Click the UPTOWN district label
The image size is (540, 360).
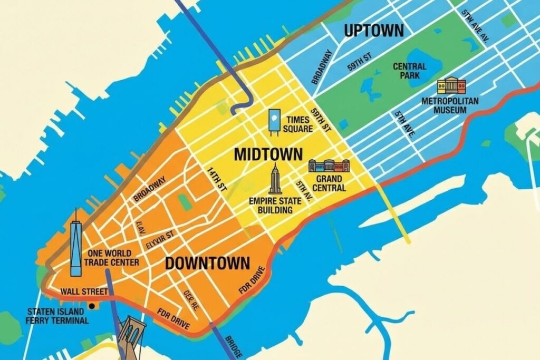click(x=373, y=31)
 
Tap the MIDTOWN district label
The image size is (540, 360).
click(x=268, y=154)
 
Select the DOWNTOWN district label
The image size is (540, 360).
click(x=207, y=263)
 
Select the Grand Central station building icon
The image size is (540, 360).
click(x=329, y=167)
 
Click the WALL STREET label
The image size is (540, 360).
click(x=84, y=291)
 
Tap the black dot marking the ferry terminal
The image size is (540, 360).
click(x=92, y=306)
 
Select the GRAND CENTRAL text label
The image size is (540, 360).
click(x=330, y=183)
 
